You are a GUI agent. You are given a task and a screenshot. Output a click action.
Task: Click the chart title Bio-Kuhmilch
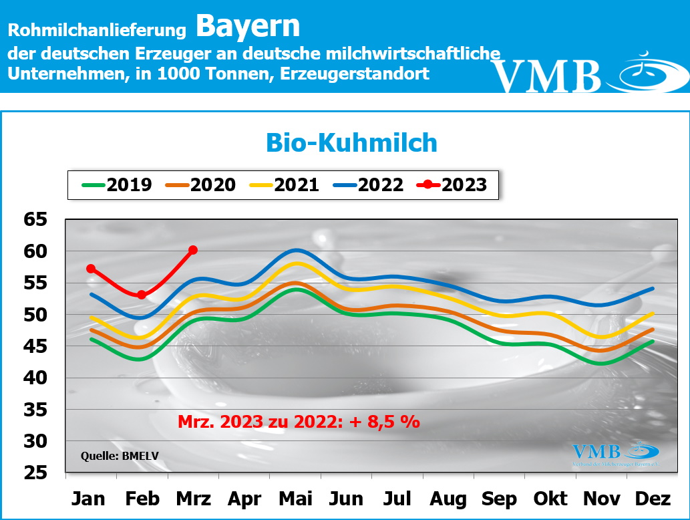click(x=351, y=143)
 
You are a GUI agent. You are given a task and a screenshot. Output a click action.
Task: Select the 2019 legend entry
click(x=117, y=184)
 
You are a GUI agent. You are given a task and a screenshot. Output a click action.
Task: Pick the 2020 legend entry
click(x=201, y=184)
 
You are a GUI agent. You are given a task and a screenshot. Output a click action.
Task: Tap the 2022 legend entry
click(x=369, y=184)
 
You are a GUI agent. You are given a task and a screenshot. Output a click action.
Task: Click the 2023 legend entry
click(x=452, y=184)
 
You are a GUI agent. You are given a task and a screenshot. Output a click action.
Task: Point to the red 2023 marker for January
click(x=91, y=269)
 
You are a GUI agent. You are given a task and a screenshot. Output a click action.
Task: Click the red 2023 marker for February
click(x=142, y=295)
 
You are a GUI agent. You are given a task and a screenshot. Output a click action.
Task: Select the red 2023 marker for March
click(x=193, y=250)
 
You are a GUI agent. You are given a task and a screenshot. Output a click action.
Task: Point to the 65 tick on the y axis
click(x=37, y=219)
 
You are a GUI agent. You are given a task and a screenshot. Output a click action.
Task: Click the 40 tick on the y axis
click(x=37, y=378)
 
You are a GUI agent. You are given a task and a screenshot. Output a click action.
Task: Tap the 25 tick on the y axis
click(x=37, y=473)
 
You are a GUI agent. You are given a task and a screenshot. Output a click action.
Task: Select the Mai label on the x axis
click(x=295, y=499)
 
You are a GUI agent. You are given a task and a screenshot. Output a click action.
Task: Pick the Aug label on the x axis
click(x=448, y=499)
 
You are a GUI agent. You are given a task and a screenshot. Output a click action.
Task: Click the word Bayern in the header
click(x=248, y=26)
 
